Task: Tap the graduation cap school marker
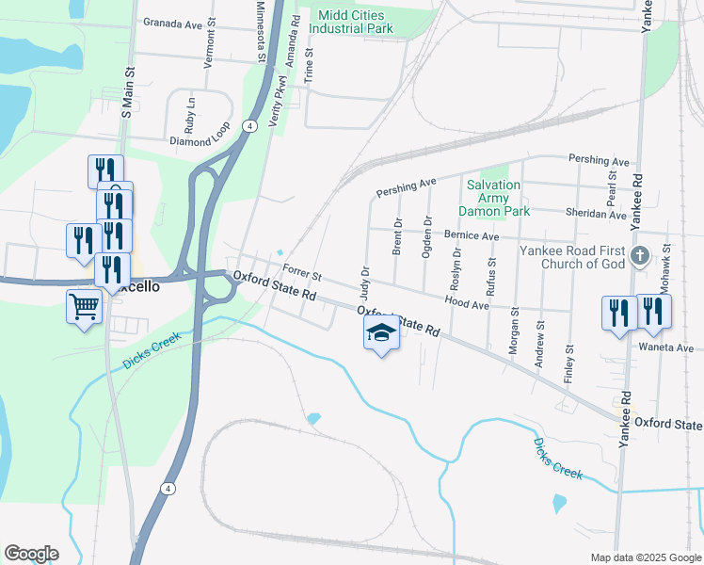click(381, 333)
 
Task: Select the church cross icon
click(639, 255)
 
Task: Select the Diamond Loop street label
click(200, 141)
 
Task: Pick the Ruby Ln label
click(191, 114)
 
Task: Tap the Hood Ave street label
click(467, 304)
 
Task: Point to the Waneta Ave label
click(670, 347)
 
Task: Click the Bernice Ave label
click(471, 235)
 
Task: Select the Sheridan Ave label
click(602, 215)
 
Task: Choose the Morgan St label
click(514, 336)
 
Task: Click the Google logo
click(31, 554)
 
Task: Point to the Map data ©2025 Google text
click(645, 557)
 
